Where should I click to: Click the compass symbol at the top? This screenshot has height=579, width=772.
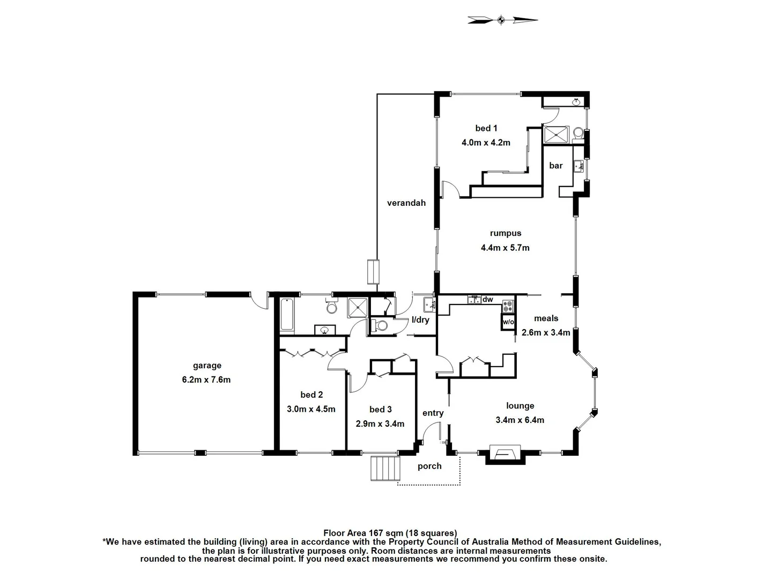click(x=501, y=20)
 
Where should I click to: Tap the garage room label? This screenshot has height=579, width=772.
click(x=207, y=366)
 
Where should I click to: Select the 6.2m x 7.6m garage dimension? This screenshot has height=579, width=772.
click(x=206, y=380)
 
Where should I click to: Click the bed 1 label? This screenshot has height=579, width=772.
click(x=486, y=128)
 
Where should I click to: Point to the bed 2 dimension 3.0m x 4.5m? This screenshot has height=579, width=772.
click(x=311, y=409)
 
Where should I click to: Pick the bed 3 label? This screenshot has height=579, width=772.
click(x=380, y=410)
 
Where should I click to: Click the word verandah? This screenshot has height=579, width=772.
click(x=406, y=203)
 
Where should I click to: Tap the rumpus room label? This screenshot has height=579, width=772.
click(x=505, y=233)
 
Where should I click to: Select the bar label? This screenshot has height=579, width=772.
click(x=556, y=166)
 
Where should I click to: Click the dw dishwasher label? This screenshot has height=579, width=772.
click(x=488, y=300)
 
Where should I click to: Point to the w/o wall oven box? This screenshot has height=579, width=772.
click(x=508, y=322)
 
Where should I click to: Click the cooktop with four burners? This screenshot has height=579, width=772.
click(x=508, y=307)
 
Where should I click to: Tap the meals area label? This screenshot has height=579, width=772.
click(x=546, y=318)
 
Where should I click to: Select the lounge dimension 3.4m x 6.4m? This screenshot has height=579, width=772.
click(x=519, y=420)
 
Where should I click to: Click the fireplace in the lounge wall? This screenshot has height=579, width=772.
click(x=506, y=454)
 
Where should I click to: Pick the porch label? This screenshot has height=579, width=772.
click(x=429, y=466)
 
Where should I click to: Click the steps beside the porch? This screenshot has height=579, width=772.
click(x=385, y=468)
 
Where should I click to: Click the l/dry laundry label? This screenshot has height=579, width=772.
click(x=420, y=320)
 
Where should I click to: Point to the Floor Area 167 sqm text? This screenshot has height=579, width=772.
click(x=390, y=533)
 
